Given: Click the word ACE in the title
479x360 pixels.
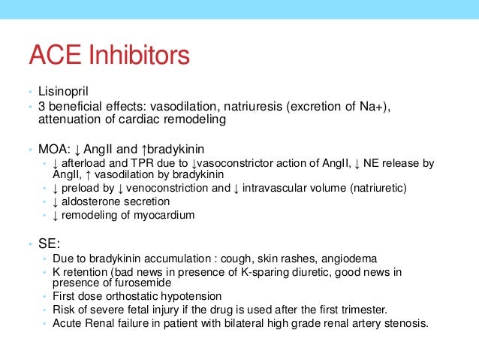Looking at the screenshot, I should click(57, 56).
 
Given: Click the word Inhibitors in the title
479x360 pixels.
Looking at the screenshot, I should click(139, 56).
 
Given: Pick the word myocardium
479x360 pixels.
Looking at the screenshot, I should click(167, 215).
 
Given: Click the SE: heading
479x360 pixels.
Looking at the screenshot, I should click(48, 244).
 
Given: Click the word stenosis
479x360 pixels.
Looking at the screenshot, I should click(405, 323).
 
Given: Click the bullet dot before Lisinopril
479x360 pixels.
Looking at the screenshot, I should click(23, 93).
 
